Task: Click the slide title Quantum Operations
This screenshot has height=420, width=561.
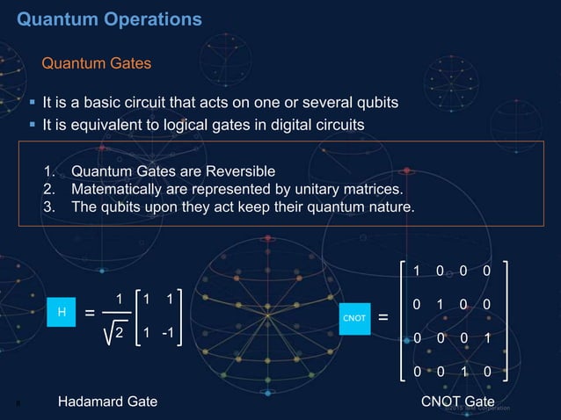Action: [110, 18]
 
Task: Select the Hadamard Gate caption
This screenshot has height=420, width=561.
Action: [108, 402]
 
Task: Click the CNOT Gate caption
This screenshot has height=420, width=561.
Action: [458, 402]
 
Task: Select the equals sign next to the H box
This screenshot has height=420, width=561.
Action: [91, 314]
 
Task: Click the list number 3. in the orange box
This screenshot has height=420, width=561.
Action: [49, 207]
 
